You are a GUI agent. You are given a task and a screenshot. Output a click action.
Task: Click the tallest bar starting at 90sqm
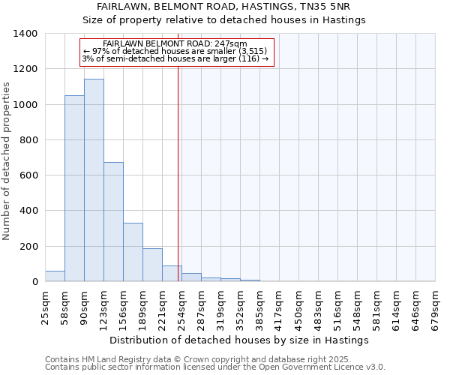[94, 180]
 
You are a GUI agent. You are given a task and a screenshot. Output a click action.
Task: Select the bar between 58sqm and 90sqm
[74, 188]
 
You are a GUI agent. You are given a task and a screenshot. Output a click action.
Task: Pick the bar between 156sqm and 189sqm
[133, 252]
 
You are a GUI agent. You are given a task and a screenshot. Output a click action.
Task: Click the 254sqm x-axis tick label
[181, 306]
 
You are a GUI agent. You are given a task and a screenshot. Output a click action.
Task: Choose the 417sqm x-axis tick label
[279, 306]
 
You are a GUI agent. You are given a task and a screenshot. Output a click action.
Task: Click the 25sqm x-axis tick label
[45, 306]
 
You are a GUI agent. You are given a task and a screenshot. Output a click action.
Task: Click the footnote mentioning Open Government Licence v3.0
[214, 367]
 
